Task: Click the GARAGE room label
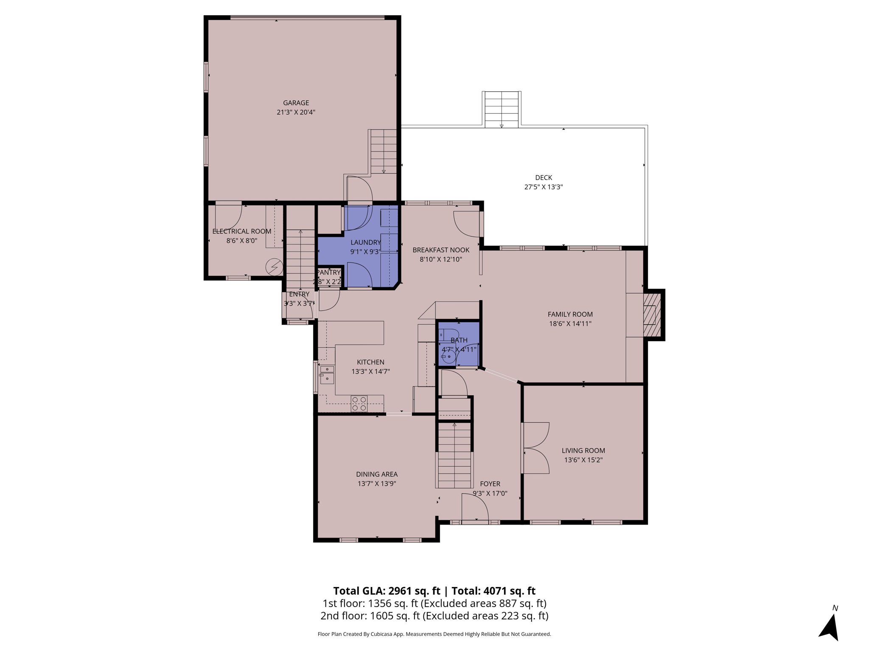(x=296, y=103)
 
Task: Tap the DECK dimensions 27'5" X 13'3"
(x=543, y=187)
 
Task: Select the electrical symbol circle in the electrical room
(x=274, y=267)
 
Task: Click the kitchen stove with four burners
(x=359, y=403)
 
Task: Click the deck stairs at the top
(x=502, y=109)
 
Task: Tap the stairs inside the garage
(x=384, y=151)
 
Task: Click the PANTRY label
(x=329, y=272)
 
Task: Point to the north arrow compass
(x=830, y=626)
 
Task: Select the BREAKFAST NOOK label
(x=441, y=250)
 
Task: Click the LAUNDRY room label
(x=365, y=242)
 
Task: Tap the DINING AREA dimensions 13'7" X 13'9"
(x=376, y=483)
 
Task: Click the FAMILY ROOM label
(x=570, y=314)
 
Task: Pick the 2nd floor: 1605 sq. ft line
(x=434, y=615)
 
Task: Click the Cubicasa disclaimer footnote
(x=434, y=634)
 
